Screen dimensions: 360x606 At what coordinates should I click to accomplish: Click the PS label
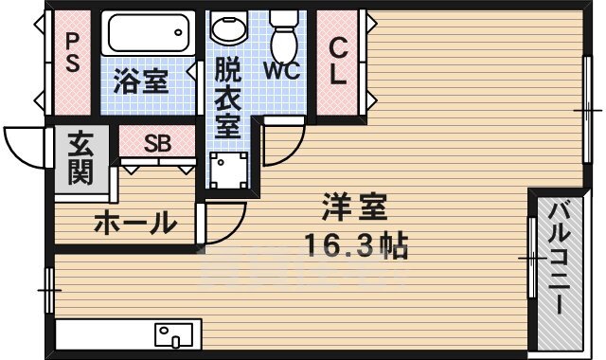pos(71,61)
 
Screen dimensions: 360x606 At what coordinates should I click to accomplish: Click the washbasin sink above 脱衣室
pos(227,30)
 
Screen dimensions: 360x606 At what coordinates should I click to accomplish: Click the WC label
pos(283,70)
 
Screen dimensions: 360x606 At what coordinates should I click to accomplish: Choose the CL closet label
pos(339,62)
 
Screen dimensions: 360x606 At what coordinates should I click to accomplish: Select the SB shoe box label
pos(157,143)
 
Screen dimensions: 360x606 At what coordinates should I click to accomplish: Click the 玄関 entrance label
pos(78,159)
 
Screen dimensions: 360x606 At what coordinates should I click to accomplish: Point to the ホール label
pos(134,224)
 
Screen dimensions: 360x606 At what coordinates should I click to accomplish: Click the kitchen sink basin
pos(174,334)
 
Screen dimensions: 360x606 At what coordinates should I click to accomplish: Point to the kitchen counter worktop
pos(104,334)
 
